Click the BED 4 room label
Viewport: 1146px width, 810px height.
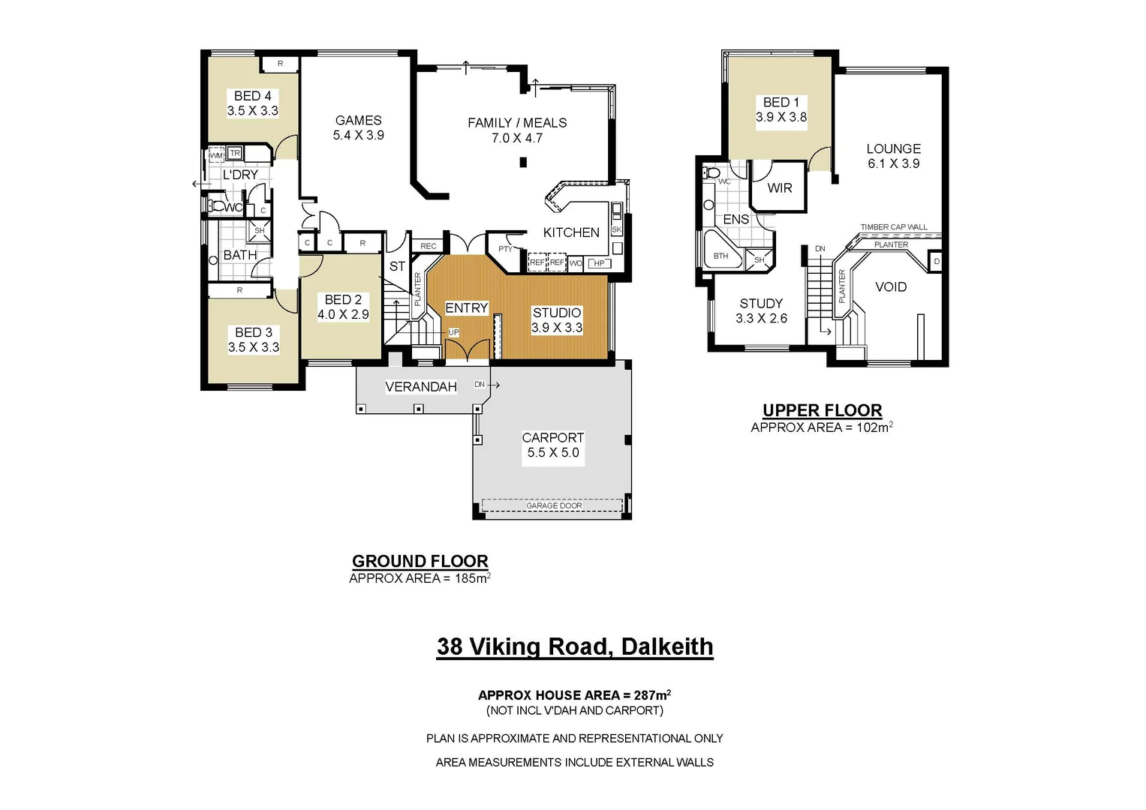[x=252, y=96]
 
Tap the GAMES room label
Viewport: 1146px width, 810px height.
[x=358, y=120]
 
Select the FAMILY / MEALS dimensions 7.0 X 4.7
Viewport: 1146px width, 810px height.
[x=516, y=138]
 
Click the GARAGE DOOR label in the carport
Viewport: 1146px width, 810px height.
[x=553, y=505]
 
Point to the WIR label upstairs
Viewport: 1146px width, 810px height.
[x=779, y=188]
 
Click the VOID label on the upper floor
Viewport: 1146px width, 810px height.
[x=890, y=286]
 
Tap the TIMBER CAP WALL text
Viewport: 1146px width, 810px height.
[x=893, y=226]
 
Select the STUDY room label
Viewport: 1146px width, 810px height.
[x=761, y=303]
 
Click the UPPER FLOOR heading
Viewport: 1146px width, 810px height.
[x=822, y=410]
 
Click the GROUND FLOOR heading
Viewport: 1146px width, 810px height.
[x=420, y=561]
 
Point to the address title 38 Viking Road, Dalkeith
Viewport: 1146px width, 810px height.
[x=575, y=646]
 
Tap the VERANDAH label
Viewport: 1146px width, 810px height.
[x=420, y=387]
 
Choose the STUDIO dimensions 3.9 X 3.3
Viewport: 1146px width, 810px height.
[x=556, y=328]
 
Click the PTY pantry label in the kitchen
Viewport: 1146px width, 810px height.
[x=505, y=249]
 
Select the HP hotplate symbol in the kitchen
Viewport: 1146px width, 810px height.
[x=599, y=263]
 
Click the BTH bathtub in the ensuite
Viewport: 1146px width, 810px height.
[x=720, y=256]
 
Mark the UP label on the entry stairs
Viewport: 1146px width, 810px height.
[x=453, y=332]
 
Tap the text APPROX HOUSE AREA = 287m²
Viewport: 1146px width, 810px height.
[x=574, y=695]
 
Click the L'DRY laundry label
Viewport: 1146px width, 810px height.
[x=240, y=175]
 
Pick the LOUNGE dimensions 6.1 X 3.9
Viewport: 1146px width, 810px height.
[x=893, y=163]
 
